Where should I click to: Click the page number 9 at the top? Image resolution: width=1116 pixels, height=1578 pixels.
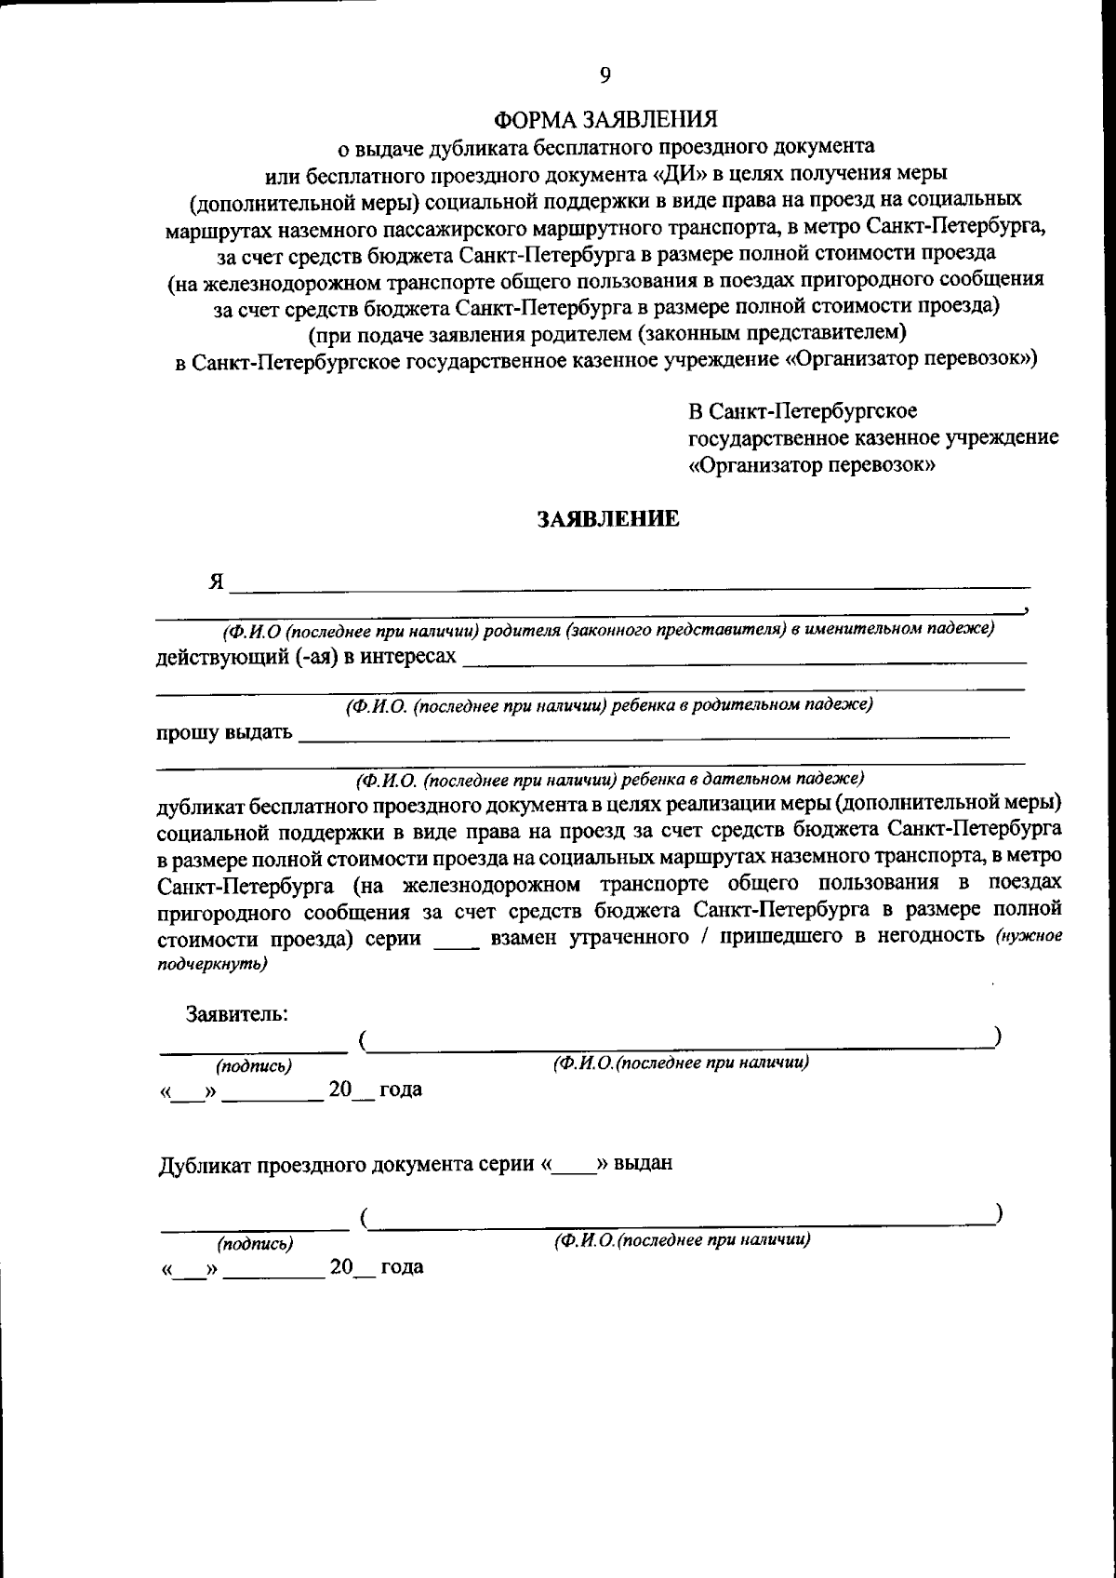pyautogui.click(x=605, y=75)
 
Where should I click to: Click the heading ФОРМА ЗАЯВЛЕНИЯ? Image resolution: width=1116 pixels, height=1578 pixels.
pyautogui.click(x=605, y=120)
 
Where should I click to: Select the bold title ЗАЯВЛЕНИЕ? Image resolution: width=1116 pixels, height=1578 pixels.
pyautogui.click(x=609, y=519)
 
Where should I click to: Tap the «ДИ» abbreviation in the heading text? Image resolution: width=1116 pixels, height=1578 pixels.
pyautogui.click(x=643, y=173)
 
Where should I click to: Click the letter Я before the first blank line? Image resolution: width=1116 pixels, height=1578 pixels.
pyautogui.click(x=216, y=582)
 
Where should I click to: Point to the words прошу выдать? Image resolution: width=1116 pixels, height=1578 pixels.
pyautogui.click(x=223, y=732)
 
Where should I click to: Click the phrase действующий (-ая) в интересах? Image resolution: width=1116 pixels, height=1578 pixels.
pyautogui.click(x=306, y=657)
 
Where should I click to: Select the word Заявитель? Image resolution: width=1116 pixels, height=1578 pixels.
pyautogui.click(x=236, y=1013)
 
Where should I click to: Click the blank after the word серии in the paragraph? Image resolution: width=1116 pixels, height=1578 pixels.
pyautogui.click(x=456, y=939)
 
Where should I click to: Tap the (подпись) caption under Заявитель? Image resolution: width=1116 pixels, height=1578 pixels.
pyautogui.click(x=254, y=1064)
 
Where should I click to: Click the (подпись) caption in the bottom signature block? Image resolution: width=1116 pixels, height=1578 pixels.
pyautogui.click(x=255, y=1242)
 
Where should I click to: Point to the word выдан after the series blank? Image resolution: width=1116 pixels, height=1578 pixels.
pyautogui.click(x=643, y=1163)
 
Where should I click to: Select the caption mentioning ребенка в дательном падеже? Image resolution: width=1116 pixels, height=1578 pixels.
pyautogui.click(x=610, y=777)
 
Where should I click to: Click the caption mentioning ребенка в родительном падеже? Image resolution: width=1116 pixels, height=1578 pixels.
pyautogui.click(x=609, y=705)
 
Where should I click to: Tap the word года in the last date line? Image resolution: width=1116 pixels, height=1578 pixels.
pyautogui.click(x=402, y=1266)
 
